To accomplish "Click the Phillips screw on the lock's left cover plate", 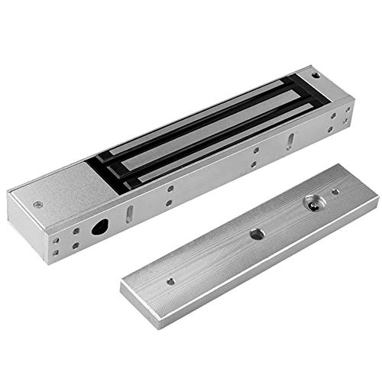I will (x=37, y=206).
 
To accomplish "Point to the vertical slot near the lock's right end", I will (x=292, y=139).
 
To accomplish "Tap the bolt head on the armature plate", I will (x=312, y=204).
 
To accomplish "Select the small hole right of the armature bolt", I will (x=335, y=192).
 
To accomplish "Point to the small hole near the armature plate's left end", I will (x=170, y=280).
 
